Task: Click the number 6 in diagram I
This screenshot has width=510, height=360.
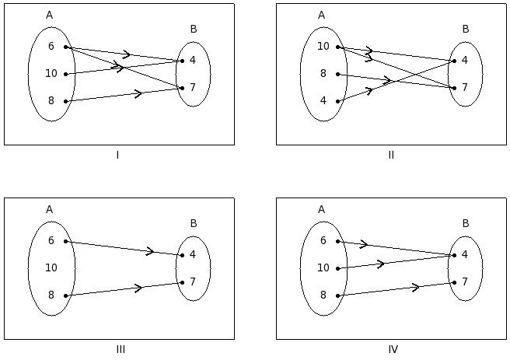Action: pyautogui.click(x=51, y=47)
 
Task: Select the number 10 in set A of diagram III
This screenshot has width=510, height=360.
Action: pyautogui.click(x=51, y=267)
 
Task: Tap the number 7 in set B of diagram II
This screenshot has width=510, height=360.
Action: pyautogui.click(x=465, y=87)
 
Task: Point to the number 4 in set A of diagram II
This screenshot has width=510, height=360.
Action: pyautogui.click(x=323, y=101)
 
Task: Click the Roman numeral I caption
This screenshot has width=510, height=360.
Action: pyautogui.click(x=117, y=155)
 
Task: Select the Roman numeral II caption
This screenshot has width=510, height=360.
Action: pyautogui.click(x=391, y=155)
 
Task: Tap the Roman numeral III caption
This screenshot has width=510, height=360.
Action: pyautogui.click(x=121, y=349)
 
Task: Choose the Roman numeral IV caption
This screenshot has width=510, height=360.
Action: pyautogui.click(x=393, y=349)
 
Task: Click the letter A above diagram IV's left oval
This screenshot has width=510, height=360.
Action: pyautogui.click(x=321, y=209)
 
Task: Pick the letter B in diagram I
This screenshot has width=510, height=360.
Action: pyautogui.click(x=194, y=30)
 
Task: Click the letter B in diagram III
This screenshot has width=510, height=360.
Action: pyautogui.click(x=194, y=224)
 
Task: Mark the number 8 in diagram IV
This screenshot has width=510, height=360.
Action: pyautogui.click(x=323, y=295)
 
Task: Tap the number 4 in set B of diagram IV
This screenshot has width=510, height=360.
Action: pyautogui.click(x=465, y=254)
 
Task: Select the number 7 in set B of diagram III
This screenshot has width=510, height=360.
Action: pyautogui.click(x=193, y=281)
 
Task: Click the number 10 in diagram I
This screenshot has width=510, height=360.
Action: pyautogui.click(x=51, y=74)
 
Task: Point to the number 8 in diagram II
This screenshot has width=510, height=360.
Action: pyautogui.click(x=323, y=74)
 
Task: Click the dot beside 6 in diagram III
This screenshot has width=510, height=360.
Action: pyautogui.click(x=66, y=241)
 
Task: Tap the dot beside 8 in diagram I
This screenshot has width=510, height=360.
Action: pyautogui.click(x=66, y=101)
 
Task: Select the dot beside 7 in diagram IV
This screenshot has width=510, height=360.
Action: pyautogui.click(x=455, y=282)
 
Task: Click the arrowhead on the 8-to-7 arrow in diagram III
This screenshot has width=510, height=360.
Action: pyautogui.click(x=138, y=288)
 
